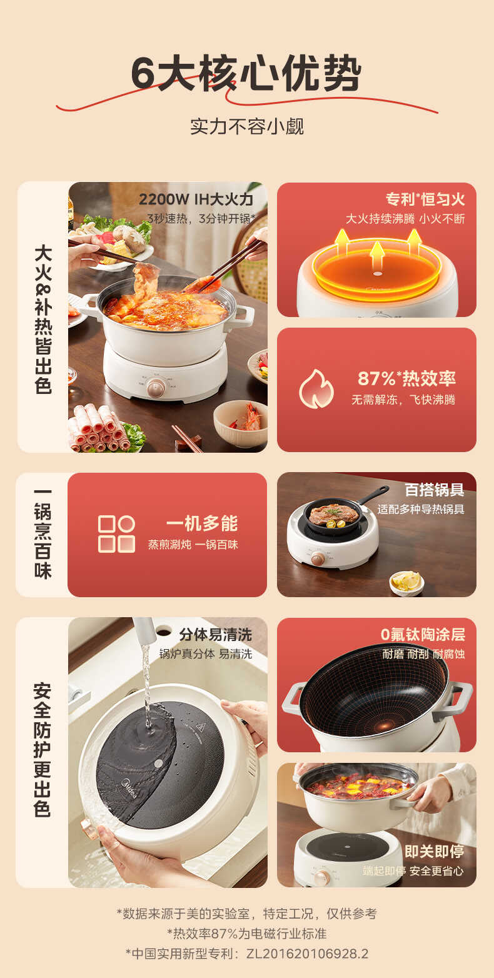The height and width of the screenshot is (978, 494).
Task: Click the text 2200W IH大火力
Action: (x=196, y=199)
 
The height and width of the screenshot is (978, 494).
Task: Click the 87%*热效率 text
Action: (x=406, y=378)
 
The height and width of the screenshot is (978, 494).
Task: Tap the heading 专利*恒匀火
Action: (x=425, y=199)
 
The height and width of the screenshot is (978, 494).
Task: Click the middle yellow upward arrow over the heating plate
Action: (x=376, y=253)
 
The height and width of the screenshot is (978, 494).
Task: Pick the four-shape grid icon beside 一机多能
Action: (x=116, y=533)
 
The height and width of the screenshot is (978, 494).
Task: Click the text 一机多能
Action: (x=201, y=523)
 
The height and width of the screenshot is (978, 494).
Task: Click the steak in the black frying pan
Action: (x=334, y=514)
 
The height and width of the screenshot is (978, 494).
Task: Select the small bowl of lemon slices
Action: (x=406, y=582)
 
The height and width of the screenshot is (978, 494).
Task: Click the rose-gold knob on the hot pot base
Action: (x=156, y=387)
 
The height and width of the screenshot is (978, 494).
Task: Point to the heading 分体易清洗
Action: (x=215, y=634)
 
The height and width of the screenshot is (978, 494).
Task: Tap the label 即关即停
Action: (x=434, y=851)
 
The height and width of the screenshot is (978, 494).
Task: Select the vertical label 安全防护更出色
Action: (x=42, y=750)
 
